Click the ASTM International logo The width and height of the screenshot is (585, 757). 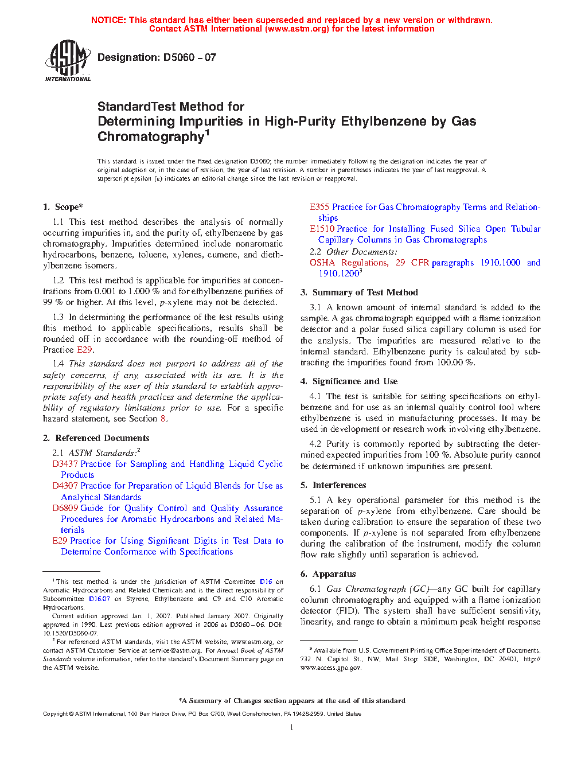click(68, 60)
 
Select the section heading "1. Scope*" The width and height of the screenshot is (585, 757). click(63, 207)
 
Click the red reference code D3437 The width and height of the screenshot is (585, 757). click(65, 464)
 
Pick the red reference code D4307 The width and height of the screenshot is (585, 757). click(65, 486)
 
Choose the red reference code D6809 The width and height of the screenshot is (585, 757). click(65, 508)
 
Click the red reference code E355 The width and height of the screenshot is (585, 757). click(319, 207)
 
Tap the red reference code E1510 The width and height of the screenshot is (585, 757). click(322, 229)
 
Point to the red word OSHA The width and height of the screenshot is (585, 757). click(322, 263)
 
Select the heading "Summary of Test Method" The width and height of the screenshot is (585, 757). click(365, 292)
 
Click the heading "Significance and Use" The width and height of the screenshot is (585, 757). click(354, 381)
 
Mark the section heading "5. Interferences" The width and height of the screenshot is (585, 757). click(333, 485)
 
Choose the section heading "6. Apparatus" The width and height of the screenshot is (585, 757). click(328, 574)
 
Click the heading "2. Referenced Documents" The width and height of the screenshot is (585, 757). click(96, 438)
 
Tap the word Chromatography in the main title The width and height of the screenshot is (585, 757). click(150, 137)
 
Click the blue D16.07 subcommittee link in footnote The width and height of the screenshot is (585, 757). click(99, 599)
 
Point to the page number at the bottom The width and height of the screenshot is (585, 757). click(292, 728)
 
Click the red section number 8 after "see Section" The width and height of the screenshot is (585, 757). click(163, 419)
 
